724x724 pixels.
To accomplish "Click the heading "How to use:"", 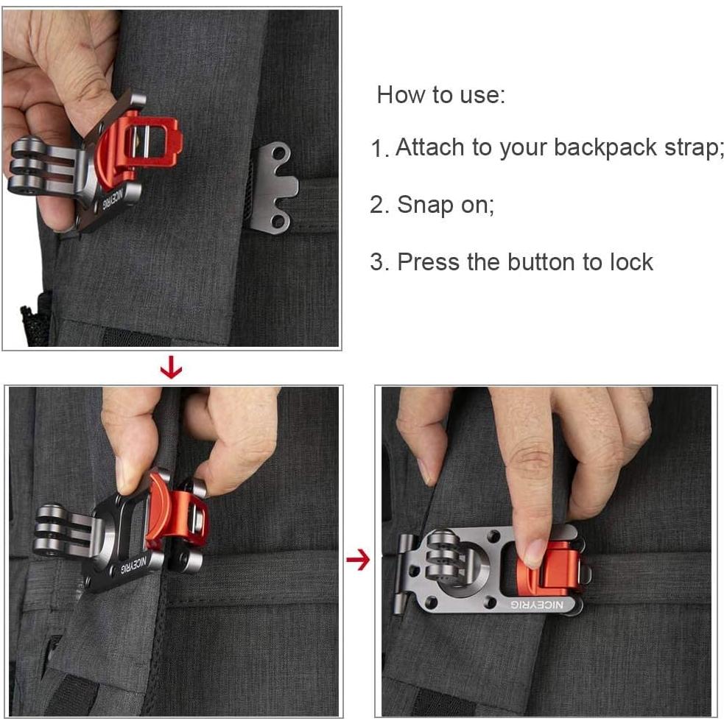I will coord(440,95).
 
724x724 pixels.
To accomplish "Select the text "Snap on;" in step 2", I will coord(446,205).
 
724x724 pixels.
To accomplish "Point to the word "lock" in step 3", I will coord(628,262).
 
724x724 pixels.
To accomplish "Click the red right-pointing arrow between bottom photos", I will coord(358,561).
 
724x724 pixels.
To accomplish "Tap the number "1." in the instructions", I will coord(379,150).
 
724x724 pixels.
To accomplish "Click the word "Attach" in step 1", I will coord(428,147).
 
